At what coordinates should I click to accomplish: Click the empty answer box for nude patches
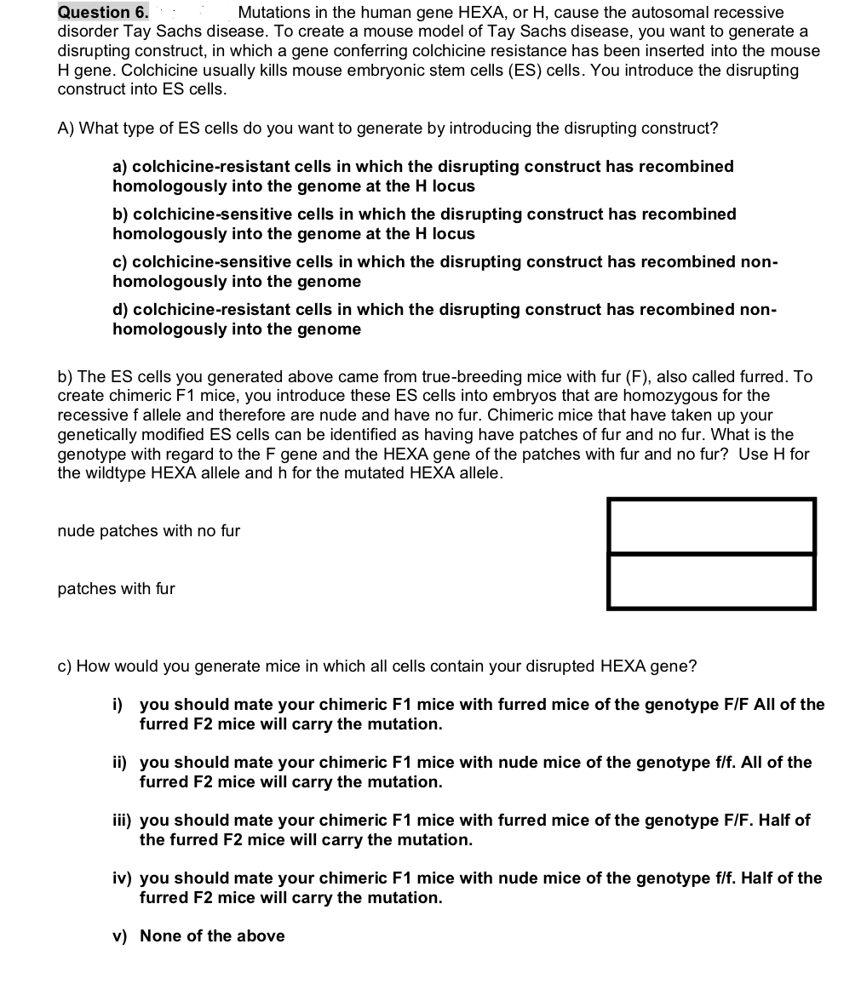point(711,526)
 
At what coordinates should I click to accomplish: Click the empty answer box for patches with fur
point(711,581)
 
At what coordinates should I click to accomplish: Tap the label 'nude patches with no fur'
point(149,531)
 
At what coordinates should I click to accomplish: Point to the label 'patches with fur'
point(117,589)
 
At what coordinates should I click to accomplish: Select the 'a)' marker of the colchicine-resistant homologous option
point(121,167)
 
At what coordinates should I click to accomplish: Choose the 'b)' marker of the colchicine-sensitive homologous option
point(121,215)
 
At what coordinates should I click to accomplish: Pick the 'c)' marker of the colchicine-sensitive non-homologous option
point(121,262)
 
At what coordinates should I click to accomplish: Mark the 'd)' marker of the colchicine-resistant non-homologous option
point(121,310)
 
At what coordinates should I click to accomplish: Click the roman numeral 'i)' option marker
point(118,705)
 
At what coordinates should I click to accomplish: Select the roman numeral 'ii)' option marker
point(120,763)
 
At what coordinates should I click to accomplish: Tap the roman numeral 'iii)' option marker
point(122,821)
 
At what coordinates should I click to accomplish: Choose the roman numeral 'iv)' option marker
point(122,878)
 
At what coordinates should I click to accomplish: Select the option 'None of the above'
point(212,936)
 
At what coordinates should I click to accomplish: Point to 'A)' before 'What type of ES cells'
point(66,129)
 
